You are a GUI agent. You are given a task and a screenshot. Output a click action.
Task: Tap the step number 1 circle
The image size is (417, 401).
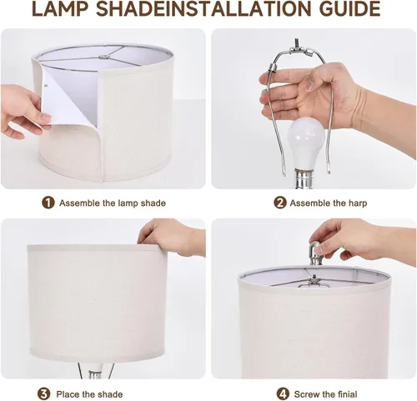coord(48,203)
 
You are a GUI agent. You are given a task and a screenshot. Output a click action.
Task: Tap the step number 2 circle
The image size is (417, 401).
coord(279,203)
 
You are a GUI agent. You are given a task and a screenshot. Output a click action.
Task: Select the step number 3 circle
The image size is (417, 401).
coord(44,393)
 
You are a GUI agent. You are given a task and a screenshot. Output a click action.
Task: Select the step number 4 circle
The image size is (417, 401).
coord(283,393)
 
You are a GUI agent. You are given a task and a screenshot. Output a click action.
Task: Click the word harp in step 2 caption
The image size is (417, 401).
coord(358,203)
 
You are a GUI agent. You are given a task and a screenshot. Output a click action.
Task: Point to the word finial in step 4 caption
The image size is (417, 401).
coord(344,394)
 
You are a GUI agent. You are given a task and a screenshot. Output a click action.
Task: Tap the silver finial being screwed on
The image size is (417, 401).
coord(314,253)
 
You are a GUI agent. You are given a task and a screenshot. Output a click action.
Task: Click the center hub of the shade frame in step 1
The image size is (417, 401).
coord(103,58)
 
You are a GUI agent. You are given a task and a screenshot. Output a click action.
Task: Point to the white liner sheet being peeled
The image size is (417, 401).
coord(69,99)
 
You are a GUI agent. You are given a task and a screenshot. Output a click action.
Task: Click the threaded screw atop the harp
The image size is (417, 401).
coord(297,43)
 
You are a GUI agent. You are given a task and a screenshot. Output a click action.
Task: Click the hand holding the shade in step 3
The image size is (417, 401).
coord(172,236)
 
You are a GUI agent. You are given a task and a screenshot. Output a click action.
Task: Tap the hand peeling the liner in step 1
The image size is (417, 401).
coord(23,111)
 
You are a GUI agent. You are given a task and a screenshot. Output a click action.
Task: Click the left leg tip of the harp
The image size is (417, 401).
coord(284,173)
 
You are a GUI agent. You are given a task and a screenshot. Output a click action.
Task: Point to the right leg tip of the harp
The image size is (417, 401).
coord(329,169)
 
